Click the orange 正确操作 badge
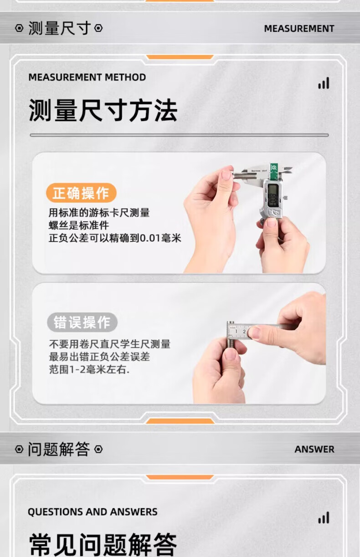[x=81, y=193]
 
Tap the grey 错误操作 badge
[x=82, y=322]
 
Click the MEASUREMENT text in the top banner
[x=299, y=29]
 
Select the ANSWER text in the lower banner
[x=314, y=450]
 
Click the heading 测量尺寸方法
[x=103, y=110]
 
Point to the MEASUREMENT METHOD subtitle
[x=87, y=77]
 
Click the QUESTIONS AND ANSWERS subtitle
[x=93, y=512]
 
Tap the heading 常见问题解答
[x=103, y=545]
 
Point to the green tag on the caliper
[x=274, y=171]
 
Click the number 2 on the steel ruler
[x=244, y=332]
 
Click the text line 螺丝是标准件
[x=79, y=225]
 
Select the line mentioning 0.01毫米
[x=115, y=238]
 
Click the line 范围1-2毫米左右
[x=89, y=370]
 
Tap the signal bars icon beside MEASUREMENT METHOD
[x=324, y=83]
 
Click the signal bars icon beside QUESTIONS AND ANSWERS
[x=324, y=518]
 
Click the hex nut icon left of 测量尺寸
[x=19, y=28]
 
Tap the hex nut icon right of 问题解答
[x=98, y=450]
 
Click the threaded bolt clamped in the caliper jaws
[x=246, y=176]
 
